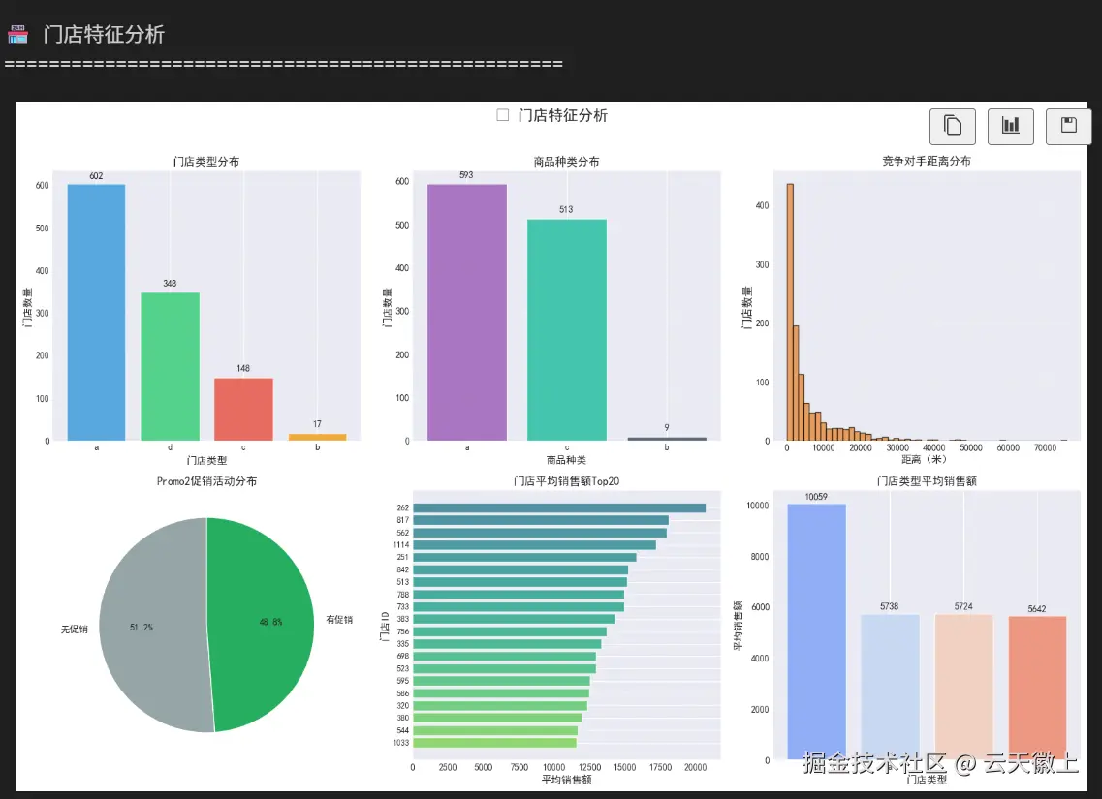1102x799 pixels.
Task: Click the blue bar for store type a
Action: [96, 312]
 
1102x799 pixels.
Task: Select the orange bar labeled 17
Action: [317, 437]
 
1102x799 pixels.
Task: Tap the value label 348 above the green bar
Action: [170, 284]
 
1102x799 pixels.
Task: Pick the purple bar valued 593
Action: [466, 312]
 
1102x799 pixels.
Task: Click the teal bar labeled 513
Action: [567, 329]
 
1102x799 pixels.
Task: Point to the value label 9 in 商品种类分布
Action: [667, 427]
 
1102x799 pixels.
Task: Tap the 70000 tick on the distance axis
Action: [1045, 448]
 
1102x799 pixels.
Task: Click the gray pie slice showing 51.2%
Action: [150, 625]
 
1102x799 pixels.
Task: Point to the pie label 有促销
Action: [339, 620]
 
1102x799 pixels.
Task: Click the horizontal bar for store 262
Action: [559, 507]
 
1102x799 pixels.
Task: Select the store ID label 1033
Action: [400, 743]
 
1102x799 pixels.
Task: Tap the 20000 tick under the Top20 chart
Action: [694, 767]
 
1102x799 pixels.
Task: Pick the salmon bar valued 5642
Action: [1037, 688]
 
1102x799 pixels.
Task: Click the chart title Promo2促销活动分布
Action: [206, 481]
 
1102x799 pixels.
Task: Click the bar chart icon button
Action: [1010, 126]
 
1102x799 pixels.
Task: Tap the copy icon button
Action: [952, 126]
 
